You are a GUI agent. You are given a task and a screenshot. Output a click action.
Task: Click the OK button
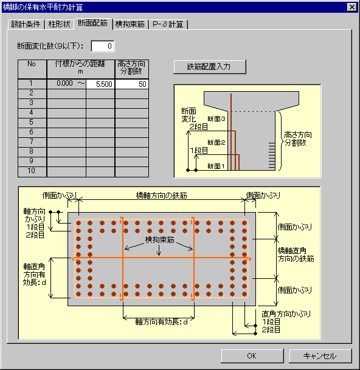(252, 355)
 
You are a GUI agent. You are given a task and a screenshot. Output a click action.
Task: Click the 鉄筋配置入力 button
(210, 67)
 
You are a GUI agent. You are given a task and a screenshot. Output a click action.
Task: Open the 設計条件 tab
(26, 24)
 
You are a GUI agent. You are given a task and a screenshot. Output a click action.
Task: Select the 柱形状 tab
(60, 24)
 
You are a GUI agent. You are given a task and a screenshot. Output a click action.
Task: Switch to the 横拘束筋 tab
(130, 24)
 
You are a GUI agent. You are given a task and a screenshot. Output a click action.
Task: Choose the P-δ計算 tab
(168, 24)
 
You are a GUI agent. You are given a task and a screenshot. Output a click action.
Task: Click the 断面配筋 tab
(93, 23)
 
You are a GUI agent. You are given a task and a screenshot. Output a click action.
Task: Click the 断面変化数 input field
(103, 46)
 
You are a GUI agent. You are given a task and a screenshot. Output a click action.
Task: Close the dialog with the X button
(351, 7)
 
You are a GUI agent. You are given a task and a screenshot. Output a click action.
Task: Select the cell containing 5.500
(100, 84)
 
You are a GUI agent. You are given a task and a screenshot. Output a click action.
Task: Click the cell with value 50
(132, 84)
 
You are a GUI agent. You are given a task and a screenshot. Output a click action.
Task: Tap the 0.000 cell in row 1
(64, 83)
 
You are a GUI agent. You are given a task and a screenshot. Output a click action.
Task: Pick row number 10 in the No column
(32, 171)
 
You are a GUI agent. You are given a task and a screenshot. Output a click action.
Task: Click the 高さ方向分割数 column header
(131, 67)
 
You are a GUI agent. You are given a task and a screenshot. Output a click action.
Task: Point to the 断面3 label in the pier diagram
(216, 119)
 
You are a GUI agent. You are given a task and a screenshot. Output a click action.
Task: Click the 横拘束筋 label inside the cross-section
(160, 240)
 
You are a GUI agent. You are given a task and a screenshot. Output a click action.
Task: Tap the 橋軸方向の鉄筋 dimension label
(162, 196)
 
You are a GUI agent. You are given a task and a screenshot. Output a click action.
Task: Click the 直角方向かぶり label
(286, 314)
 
